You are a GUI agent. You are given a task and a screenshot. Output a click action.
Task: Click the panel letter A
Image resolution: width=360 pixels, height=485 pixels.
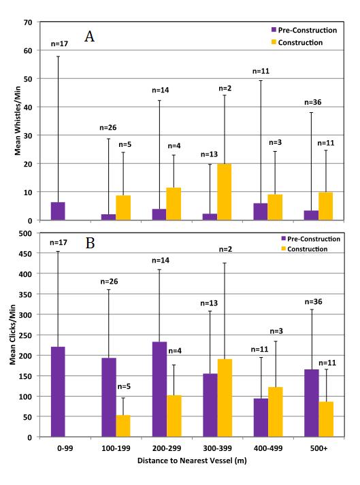coord(89,36)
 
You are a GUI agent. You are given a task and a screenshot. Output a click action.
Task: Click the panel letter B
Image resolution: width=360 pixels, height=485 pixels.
coord(90,243)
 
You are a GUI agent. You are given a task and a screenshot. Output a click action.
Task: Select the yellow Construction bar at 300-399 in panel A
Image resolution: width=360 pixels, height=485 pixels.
coord(225,192)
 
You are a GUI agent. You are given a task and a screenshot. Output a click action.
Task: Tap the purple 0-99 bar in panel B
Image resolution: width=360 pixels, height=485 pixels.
coord(58,392)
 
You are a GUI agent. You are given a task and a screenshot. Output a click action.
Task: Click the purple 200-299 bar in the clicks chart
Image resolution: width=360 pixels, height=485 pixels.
coord(159,389)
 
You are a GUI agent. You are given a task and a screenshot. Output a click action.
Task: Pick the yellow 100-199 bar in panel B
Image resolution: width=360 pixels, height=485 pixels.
coord(123,426)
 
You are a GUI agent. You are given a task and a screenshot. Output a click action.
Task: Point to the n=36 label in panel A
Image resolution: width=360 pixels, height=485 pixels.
coord(313,103)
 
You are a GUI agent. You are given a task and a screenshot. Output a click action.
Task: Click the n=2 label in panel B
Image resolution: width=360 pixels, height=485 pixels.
coord(225,250)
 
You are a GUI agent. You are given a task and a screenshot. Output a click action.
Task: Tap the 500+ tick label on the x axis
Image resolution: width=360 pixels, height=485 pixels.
coord(319,448)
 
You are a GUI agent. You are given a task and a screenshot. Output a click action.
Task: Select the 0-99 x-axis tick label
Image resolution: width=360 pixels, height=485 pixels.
coord(65,448)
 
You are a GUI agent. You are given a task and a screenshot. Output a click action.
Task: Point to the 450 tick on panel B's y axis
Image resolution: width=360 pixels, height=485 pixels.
coord(25,254)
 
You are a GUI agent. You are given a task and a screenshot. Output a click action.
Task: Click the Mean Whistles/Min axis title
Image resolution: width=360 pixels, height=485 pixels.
coord(18,120)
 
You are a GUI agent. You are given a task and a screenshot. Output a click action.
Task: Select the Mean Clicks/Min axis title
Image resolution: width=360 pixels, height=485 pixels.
coord(12,335)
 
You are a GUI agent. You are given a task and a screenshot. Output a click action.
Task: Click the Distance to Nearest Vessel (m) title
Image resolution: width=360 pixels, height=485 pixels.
coord(192,461)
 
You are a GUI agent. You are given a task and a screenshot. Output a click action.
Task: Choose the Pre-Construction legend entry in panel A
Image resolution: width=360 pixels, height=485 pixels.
coord(304,30)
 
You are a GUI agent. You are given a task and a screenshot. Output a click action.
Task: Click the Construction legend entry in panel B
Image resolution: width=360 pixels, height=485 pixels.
coord(304,249)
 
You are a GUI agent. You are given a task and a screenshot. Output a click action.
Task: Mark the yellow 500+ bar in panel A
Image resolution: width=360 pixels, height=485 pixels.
coord(326,206)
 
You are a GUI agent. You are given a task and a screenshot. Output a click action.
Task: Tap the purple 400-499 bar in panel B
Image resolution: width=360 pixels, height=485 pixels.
coord(261,418)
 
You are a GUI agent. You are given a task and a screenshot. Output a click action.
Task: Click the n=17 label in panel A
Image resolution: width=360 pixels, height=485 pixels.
coord(59,44)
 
